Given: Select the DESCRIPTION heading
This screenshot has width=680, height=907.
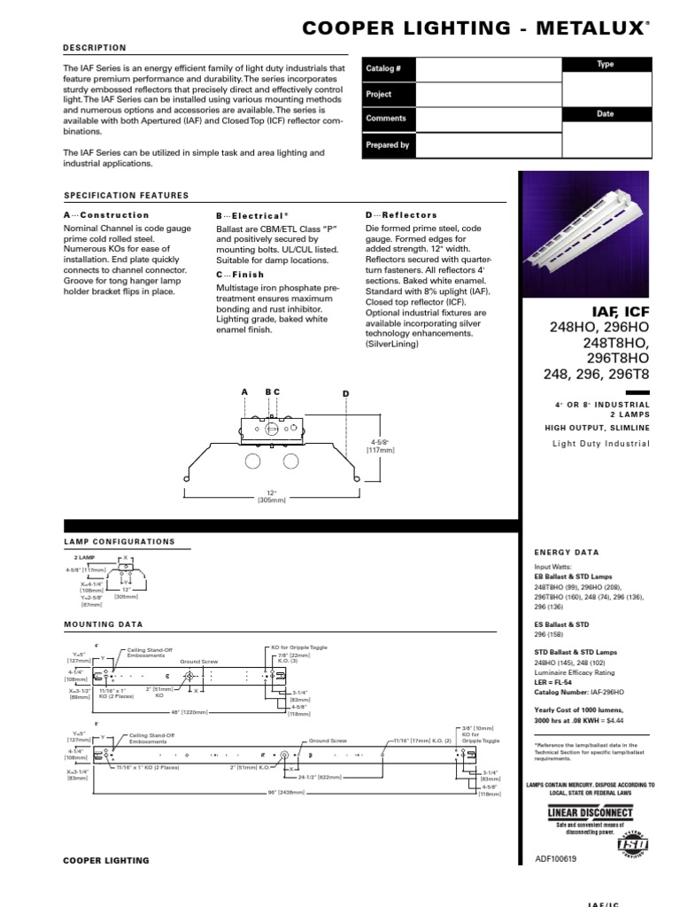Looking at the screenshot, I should pyautogui.click(x=95, y=48).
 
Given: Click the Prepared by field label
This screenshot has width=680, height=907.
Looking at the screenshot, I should pyautogui.click(x=386, y=144).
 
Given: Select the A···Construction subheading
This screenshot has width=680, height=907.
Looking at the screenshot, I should pyautogui.click(x=106, y=215).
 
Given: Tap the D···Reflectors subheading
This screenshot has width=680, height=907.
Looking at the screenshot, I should pyautogui.click(x=401, y=215).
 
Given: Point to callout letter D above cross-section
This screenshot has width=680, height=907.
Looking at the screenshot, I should pyautogui.click(x=346, y=392).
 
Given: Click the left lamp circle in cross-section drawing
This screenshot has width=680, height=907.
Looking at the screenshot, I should pyautogui.click(x=252, y=461).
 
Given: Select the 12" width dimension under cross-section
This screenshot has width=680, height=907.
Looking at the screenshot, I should pyautogui.click(x=269, y=497).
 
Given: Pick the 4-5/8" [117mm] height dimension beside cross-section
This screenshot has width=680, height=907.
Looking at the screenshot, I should pyautogui.click(x=380, y=445).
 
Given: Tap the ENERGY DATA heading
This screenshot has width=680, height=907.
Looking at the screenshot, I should pyautogui.click(x=567, y=552).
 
